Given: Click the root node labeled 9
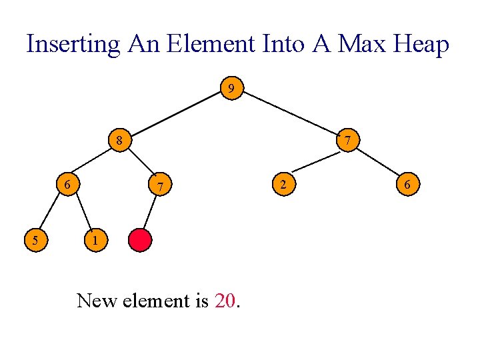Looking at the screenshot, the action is pos(231,88).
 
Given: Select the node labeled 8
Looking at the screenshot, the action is pos(119,141).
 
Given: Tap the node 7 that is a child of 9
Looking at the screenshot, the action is pos(347,141).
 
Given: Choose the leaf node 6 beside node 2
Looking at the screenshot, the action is pos(408,184).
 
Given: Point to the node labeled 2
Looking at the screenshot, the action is pos(283,184).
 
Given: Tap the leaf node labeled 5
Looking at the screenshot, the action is pos(34,239).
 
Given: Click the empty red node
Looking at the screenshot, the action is pos(141,240).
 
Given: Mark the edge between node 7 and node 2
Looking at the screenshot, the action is pos(315,162).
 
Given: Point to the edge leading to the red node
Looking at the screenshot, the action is pos(150,212).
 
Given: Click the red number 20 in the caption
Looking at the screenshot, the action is pos(225,301).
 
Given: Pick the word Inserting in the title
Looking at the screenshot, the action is pos(73,44).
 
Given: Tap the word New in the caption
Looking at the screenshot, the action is pos(96,301).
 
